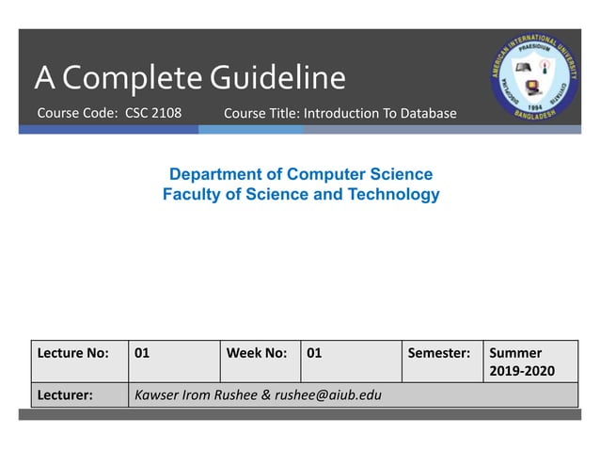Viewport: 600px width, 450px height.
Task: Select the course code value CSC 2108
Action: coord(153,113)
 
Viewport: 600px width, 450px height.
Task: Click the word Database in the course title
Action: coord(428,114)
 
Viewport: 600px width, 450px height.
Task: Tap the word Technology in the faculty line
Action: coord(395,195)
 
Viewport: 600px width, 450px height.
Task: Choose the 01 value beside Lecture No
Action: coord(143,354)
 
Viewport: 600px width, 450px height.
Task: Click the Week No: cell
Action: coord(256,354)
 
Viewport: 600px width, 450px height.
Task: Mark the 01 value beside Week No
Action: coord(314,354)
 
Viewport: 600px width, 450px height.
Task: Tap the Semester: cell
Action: coord(438,354)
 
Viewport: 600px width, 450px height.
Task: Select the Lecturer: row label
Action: coord(65,395)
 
